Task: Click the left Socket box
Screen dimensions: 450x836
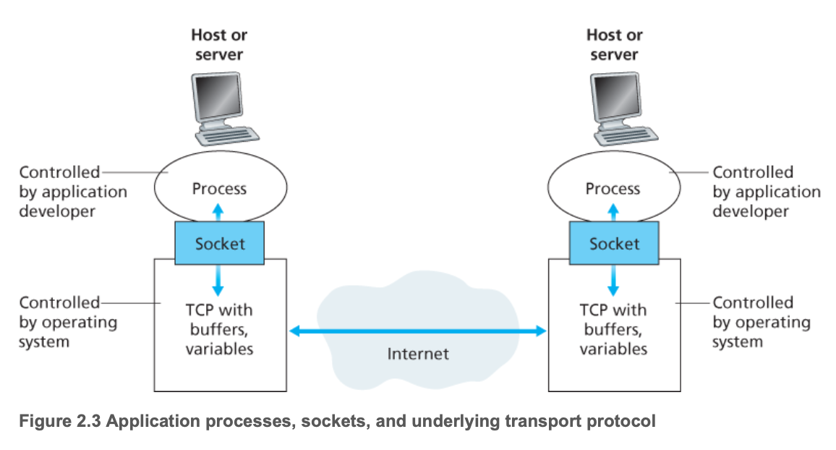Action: click(220, 242)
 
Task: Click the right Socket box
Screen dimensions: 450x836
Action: click(614, 242)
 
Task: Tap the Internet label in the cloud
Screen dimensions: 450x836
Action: click(418, 354)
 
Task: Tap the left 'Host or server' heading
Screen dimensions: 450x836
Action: click(219, 44)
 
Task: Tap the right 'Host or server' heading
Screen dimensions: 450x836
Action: click(614, 44)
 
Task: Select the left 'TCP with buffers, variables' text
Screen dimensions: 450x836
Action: click(219, 329)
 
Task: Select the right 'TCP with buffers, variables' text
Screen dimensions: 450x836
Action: click(613, 329)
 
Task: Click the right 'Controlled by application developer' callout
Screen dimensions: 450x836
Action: click(767, 192)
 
